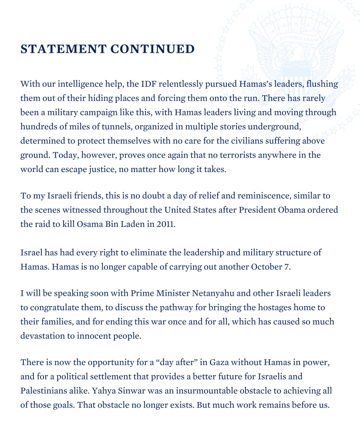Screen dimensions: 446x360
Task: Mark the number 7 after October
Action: pyautogui.click(x=287, y=267)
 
